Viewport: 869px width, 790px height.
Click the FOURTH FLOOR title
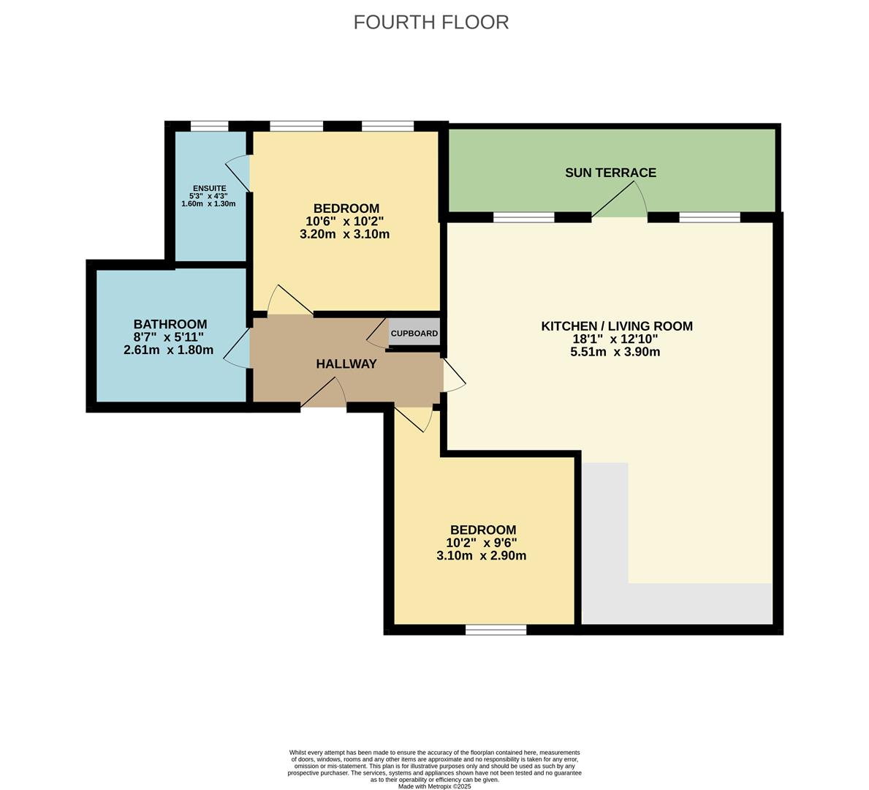430,23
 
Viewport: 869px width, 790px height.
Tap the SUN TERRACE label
610,173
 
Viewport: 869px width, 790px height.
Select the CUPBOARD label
414,334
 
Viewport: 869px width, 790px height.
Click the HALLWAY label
346,364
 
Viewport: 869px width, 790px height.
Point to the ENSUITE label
209,188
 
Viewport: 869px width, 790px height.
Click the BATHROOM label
170,324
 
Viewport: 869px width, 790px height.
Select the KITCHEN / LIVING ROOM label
616,326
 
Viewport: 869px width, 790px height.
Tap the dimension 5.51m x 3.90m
615,352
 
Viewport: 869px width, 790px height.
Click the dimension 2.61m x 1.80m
169,350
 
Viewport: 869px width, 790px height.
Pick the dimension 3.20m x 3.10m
344,235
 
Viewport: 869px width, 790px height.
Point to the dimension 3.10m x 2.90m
481,556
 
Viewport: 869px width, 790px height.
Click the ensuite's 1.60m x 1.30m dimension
208,204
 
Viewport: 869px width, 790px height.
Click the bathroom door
237,348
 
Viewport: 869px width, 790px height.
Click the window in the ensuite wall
209,126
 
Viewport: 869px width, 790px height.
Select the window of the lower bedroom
496,629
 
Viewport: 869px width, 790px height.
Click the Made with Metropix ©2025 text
434,786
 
